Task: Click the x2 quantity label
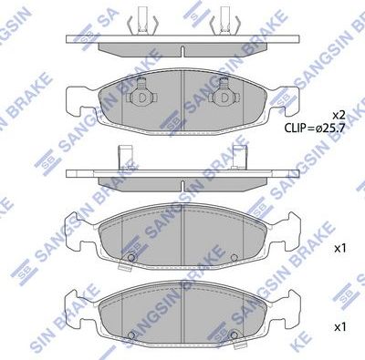[x=337, y=115]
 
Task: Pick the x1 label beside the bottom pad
[x=339, y=325]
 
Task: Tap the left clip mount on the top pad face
[x=141, y=98]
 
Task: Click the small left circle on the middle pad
[x=131, y=256]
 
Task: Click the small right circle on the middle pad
[x=234, y=256]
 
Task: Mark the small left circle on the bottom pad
[x=131, y=334]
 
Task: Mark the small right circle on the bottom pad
[x=234, y=334]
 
